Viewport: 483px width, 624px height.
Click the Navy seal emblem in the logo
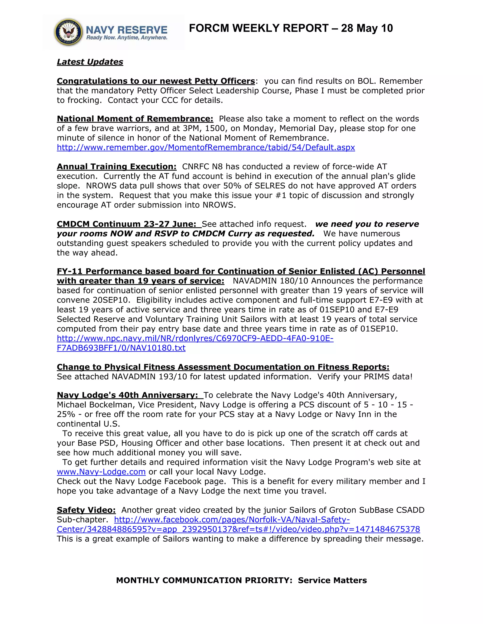point(68,32)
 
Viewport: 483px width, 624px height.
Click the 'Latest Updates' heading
point(90,62)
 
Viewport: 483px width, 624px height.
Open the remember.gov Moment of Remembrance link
point(206,147)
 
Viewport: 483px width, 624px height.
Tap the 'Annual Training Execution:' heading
point(117,166)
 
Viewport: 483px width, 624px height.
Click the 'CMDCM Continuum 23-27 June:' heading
point(126,224)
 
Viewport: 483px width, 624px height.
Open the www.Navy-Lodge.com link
point(101,472)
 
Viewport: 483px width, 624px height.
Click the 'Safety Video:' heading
point(86,510)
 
